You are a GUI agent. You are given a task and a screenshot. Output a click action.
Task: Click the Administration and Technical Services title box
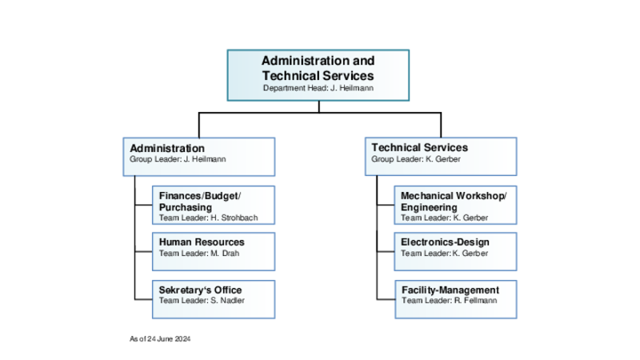[x=318, y=75]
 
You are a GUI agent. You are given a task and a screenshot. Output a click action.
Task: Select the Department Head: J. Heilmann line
[x=318, y=88]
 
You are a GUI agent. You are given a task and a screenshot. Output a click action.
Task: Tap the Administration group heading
[x=167, y=148]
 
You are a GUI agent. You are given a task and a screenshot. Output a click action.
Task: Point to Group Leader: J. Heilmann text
[x=178, y=159]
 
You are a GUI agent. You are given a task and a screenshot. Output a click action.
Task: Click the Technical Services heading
[x=419, y=147]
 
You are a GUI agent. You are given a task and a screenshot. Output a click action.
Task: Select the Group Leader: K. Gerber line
[x=416, y=159]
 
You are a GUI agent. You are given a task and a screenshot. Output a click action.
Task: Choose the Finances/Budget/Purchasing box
[x=214, y=205]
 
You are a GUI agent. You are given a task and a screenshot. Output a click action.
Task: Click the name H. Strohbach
[x=234, y=218]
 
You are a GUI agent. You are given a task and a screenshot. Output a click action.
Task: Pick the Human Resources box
[x=214, y=251]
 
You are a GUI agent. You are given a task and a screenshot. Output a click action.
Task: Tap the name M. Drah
[x=225, y=254]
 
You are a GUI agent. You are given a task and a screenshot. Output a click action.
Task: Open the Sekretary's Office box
[x=214, y=299]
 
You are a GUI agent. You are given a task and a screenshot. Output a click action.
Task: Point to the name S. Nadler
[x=227, y=301]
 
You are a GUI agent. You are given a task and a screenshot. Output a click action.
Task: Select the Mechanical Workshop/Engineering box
[x=455, y=205]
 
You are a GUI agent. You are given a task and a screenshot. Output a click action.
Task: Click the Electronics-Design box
[x=455, y=251]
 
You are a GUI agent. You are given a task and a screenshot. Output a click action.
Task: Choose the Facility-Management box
[x=456, y=299]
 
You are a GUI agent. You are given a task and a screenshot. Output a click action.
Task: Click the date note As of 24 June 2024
[x=160, y=338]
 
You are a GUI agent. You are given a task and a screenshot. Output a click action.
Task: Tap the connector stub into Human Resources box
[x=144, y=251]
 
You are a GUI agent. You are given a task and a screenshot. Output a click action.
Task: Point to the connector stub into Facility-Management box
[x=386, y=299]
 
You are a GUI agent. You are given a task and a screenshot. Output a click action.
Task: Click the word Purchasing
[x=186, y=207]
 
